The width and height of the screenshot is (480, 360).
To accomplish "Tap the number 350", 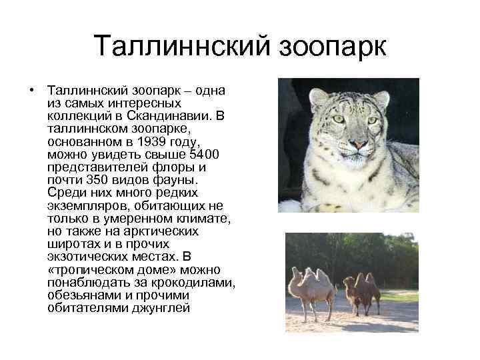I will (94, 181).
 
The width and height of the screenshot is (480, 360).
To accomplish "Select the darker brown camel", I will (366, 291).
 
